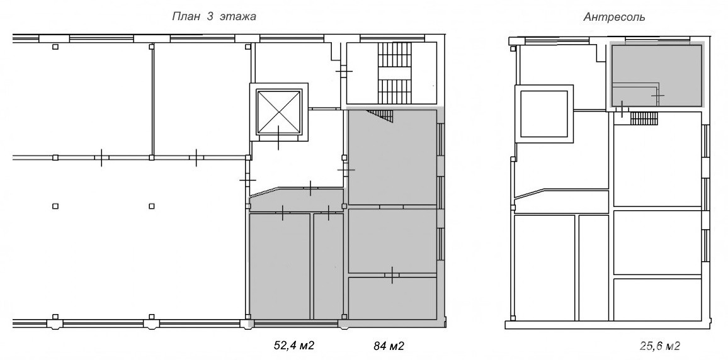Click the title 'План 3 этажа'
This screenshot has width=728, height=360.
(214, 17)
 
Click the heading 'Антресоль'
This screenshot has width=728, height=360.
(614, 18)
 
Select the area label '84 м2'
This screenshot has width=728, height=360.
(389, 346)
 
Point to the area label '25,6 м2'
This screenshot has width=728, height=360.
(659, 346)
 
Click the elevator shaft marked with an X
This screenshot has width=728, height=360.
(279, 112)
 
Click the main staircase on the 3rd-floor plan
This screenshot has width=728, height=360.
(395, 73)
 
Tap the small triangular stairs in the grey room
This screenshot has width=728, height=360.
(382, 116)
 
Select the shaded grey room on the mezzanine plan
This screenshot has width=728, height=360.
(656, 75)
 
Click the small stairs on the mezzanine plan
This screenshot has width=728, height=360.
(644, 118)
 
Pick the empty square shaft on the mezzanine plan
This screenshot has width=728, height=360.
(544, 114)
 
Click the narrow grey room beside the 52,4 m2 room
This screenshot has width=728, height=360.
(328, 266)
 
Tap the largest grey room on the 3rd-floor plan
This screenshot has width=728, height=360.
(392, 157)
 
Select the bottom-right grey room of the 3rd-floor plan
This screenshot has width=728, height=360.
(392, 298)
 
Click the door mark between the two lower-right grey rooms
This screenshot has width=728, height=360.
(392, 275)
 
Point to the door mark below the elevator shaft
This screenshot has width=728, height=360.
(278, 138)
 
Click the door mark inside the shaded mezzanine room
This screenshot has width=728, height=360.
(657, 96)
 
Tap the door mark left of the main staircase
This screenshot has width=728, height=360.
(344, 71)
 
